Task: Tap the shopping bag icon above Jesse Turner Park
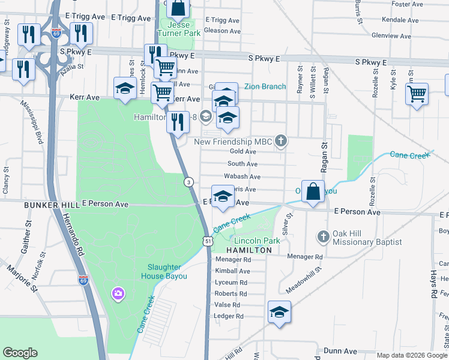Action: point(178,8)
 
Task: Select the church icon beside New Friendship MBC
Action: point(280,142)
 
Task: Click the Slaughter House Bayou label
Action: point(164,272)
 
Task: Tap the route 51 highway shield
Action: point(207,241)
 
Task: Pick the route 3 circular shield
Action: point(188,182)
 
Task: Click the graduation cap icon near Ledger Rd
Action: point(279,312)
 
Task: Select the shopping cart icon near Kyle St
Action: point(417,94)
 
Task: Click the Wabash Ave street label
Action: point(242,177)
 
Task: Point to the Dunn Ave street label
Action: point(340,351)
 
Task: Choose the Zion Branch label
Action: point(265,86)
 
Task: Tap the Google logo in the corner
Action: point(20,353)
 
